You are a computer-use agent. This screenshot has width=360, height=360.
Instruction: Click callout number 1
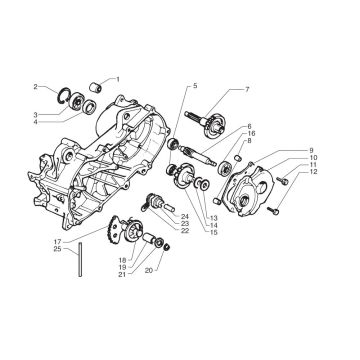(117, 79)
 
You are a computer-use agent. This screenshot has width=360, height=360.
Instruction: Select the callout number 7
(247, 89)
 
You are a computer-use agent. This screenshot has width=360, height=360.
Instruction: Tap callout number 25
(57, 249)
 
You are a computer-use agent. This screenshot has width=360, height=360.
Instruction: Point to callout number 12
(314, 172)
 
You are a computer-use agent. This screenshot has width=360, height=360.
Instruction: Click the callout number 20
(149, 271)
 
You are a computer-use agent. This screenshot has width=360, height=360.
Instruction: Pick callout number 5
(195, 86)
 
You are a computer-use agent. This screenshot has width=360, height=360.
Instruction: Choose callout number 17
(57, 241)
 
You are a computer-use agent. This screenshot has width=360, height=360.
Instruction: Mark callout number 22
(185, 230)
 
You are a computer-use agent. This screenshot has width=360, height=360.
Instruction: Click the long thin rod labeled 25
(80, 260)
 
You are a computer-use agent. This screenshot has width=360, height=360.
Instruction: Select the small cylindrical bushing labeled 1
(96, 88)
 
